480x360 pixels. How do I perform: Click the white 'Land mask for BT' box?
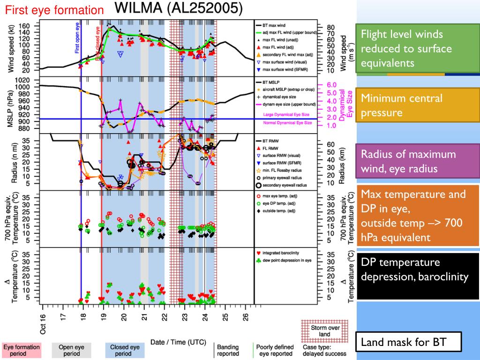(408, 342)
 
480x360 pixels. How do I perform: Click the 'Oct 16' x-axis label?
(43, 324)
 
